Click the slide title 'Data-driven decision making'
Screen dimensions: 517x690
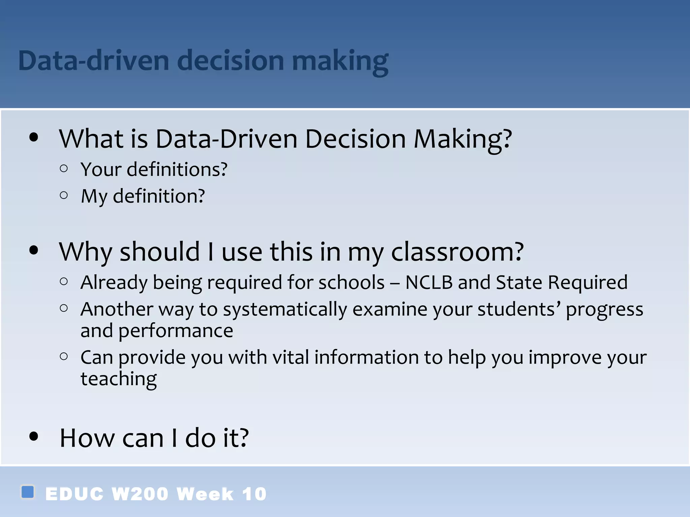203,61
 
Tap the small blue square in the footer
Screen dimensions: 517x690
28,492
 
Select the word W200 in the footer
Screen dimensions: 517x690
140,494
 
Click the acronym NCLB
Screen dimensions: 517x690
429,282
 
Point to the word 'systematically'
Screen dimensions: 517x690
285,309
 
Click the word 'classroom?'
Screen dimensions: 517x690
457,252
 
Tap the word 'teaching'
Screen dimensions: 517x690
119,379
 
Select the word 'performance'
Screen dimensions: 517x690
176,331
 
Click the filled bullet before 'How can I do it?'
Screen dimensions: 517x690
34,437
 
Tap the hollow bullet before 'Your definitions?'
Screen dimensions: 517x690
64,168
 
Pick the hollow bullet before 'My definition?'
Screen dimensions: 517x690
64,195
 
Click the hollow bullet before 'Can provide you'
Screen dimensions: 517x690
64,356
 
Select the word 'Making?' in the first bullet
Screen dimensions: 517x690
463,139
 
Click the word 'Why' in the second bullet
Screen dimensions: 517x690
85,252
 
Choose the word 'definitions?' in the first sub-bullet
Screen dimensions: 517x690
177,169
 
